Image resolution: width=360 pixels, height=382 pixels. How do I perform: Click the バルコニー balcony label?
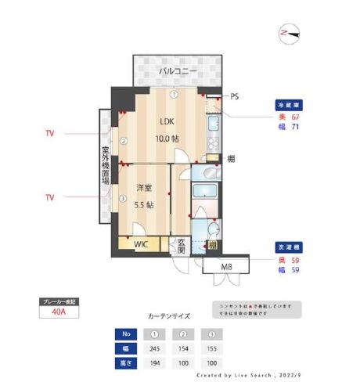click(x=178, y=71)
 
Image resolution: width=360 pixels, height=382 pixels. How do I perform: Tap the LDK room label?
click(x=167, y=122)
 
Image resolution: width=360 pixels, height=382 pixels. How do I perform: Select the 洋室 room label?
click(x=143, y=188)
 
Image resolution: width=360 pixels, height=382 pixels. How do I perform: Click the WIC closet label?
click(x=141, y=244)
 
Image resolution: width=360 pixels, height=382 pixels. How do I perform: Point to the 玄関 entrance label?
click(x=181, y=246)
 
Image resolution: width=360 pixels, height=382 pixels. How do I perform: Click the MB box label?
click(x=226, y=268)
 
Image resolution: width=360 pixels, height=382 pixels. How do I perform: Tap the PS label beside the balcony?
click(x=235, y=97)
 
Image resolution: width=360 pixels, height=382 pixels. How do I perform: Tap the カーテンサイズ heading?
click(x=168, y=316)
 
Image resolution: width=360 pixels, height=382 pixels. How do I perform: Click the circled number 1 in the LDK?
click(x=175, y=94)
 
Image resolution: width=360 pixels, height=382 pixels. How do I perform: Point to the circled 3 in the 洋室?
click(x=123, y=198)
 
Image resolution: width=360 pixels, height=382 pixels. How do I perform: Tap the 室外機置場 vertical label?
click(x=106, y=164)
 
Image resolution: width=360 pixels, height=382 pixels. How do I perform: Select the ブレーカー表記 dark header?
click(x=59, y=301)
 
